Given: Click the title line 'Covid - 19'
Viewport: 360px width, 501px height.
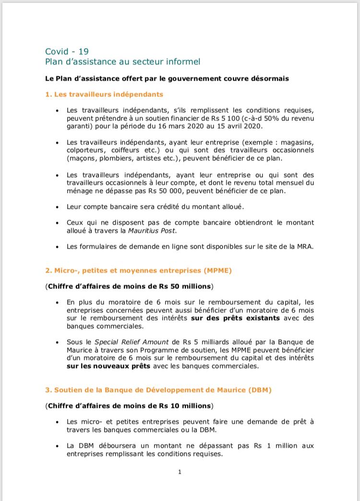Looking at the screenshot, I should click(x=67, y=51).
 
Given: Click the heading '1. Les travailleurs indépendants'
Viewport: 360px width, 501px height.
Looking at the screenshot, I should click(x=104, y=95).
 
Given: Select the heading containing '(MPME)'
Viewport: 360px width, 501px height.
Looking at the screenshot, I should click(x=138, y=271).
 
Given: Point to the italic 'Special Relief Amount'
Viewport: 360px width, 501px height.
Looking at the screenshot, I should click(x=131, y=342).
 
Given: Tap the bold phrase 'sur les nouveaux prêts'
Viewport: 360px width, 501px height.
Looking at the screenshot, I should click(x=108, y=366).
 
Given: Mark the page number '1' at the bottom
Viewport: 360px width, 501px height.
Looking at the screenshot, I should click(x=180, y=472).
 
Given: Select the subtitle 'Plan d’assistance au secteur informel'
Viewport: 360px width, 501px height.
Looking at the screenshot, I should click(x=122, y=61).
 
